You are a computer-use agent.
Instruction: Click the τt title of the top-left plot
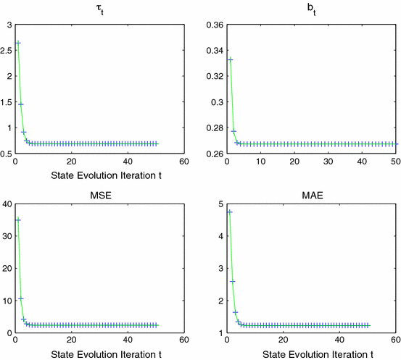(100, 9)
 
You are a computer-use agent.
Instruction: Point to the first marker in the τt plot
(18, 43)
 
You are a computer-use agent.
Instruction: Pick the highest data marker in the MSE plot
(18, 220)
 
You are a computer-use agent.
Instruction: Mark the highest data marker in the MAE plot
(230, 212)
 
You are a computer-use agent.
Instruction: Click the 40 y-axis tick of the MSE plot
(7, 204)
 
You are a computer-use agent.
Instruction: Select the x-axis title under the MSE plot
(99, 354)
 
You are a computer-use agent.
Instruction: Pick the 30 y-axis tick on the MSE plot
(7, 236)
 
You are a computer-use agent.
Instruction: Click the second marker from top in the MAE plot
(232, 281)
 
